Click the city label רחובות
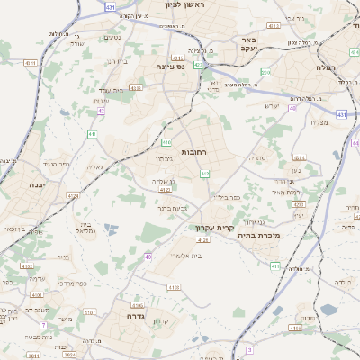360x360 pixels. (193, 152)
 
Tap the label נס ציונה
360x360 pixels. (167, 66)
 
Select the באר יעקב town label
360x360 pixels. (249, 45)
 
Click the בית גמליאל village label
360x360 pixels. (79, 228)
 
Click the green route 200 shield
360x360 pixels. (265, 73)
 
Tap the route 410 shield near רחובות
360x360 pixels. (166, 142)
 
